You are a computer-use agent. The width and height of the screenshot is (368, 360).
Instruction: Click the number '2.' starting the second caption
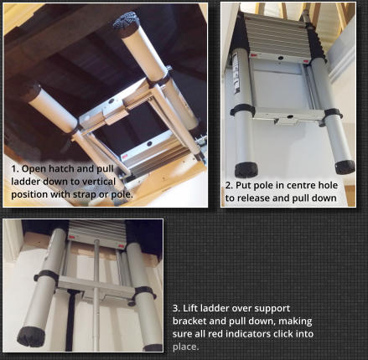(x=231, y=185)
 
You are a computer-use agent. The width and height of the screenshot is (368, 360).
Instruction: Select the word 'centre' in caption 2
(x=293, y=185)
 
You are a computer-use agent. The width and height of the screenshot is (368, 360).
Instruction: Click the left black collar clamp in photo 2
(x=243, y=110)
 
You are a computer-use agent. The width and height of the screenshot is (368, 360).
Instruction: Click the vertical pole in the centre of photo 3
(x=97, y=293)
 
